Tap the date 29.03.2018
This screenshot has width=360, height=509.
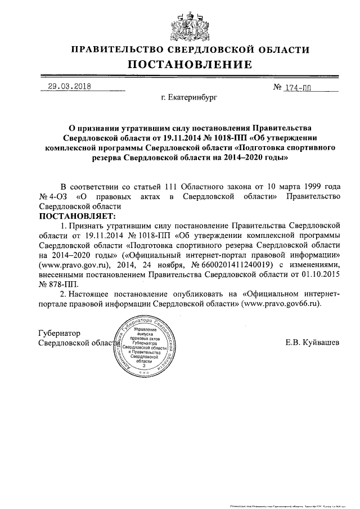(69, 87)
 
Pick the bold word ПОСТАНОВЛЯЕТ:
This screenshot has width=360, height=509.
(76, 215)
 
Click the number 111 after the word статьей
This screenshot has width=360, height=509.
(174, 186)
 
